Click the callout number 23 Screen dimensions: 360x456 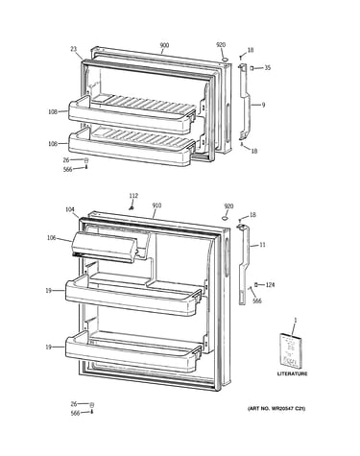[74, 49]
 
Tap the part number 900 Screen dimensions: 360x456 [164, 45]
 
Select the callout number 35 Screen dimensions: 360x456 [267, 68]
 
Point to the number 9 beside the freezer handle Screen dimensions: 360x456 [263, 105]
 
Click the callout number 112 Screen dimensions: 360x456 [133, 196]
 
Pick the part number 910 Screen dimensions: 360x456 [156, 205]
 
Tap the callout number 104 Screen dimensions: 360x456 [70, 209]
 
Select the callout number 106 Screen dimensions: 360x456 [51, 238]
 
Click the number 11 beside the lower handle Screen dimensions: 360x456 [262, 245]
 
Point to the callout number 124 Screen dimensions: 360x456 [270, 285]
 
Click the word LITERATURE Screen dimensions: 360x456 [292, 373]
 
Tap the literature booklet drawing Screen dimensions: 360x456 [291, 350]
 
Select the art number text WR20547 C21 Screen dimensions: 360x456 [288, 409]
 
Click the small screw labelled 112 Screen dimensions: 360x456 [131, 208]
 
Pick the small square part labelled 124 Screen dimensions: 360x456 [256, 284]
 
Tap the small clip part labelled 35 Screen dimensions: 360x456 [252, 68]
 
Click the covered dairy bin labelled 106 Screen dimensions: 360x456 [105, 247]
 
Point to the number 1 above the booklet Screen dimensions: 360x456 [296, 320]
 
